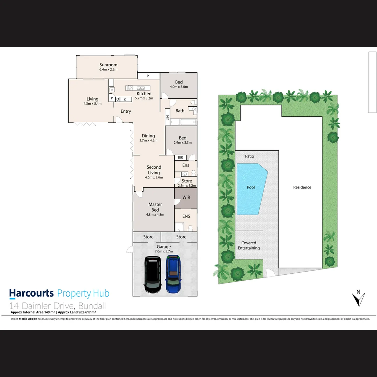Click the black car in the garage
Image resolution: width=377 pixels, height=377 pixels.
[x=153, y=274]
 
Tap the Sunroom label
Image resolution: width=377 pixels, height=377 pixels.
[x=108, y=65]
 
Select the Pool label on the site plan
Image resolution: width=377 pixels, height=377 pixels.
[x=251, y=187]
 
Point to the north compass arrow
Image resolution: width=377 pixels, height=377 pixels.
[x=358, y=298]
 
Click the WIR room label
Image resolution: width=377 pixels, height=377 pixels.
[x=186, y=198]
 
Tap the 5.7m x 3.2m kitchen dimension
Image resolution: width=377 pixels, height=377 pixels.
[x=144, y=98]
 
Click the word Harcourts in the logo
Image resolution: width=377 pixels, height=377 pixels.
[x=31, y=294]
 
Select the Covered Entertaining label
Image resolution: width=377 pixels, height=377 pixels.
[x=249, y=245]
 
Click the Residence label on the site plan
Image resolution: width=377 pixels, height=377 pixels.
[x=302, y=187]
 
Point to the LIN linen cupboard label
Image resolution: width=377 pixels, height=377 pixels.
[x=168, y=118]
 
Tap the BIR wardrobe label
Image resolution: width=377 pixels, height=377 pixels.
[x=180, y=157]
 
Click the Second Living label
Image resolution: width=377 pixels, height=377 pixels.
[x=154, y=170]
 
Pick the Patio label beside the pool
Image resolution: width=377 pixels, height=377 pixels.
[x=250, y=156]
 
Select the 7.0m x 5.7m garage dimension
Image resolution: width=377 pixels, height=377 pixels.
[x=164, y=251]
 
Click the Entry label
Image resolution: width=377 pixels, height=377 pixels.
[x=126, y=111]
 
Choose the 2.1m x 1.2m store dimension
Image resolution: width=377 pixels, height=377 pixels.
[x=187, y=186]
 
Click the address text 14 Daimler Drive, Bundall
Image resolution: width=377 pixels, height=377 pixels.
[x=58, y=306]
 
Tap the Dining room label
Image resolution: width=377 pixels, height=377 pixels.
[x=148, y=136]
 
